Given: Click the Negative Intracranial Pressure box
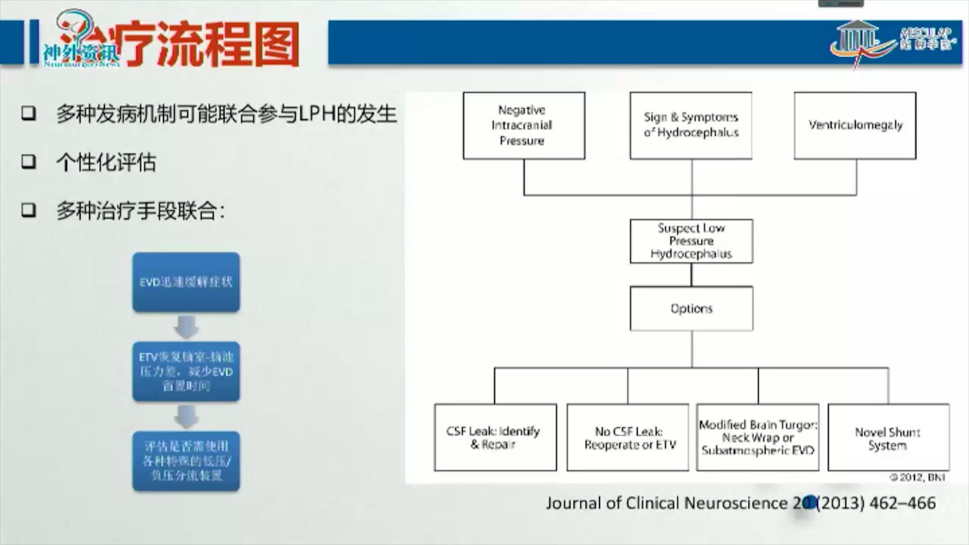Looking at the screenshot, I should click(x=524, y=126).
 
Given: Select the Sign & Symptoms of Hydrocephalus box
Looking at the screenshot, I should click(x=691, y=126).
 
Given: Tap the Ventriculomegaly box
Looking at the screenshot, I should click(x=855, y=126).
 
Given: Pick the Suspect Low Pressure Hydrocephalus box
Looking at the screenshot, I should click(x=691, y=241).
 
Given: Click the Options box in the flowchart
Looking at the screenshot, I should click(x=691, y=308).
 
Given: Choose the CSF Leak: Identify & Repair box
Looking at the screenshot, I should click(x=495, y=438).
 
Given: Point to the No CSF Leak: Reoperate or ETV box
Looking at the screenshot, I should click(x=628, y=438).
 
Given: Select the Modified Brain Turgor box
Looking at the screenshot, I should click(x=758, y=438).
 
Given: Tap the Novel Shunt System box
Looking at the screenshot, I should click(x=888, y=438).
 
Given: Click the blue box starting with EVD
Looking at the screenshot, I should click(x=186, y=282).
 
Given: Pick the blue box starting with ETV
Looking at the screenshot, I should click(x=186, y=371).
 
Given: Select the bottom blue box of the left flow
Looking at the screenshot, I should click(x=186, y=461).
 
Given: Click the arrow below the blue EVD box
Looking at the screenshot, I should click(x=186, y=327).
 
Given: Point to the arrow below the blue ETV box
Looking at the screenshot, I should click(x=186, y=416).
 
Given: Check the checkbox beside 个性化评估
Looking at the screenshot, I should click(x=29, y=162).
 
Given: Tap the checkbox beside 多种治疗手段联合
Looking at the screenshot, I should click(x=29, y=210).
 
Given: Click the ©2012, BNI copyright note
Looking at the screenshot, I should click(x=917, y=477).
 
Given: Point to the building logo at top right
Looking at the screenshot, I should click(x=858, y=40).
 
